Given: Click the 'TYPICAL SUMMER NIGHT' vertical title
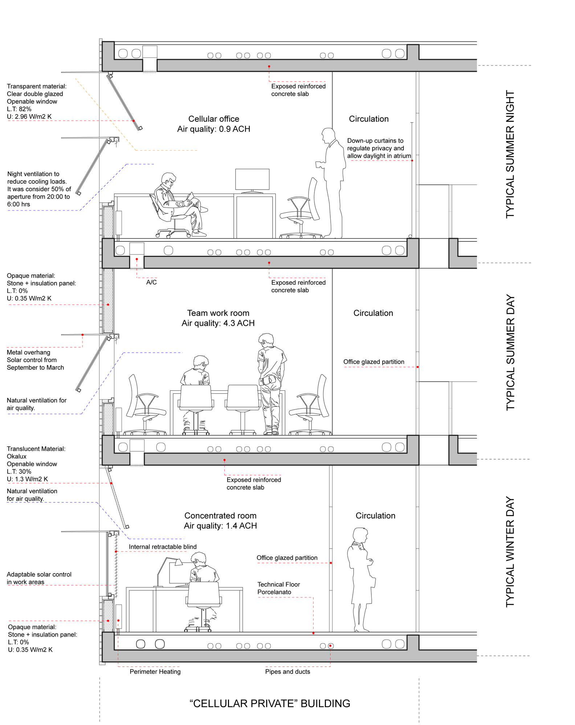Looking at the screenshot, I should point(510,154).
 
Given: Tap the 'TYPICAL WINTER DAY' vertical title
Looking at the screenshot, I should point(510,551).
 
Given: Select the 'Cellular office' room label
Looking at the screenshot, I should point(213,119).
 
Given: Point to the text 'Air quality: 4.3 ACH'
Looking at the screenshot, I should point(218,323).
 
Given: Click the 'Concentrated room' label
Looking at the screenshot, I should point(220,515).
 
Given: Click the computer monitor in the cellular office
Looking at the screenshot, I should point(252,180).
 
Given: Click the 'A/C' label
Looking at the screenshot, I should point(151,282).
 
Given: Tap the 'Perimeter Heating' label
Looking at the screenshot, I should point(155,671).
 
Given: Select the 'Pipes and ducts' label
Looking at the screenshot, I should point(287,671).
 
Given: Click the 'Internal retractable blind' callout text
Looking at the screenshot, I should point(163,547).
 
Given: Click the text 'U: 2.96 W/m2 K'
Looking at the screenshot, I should point(29,116).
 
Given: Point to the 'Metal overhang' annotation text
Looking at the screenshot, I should point(28,352).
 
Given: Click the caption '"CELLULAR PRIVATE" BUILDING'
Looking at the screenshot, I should point(270,703).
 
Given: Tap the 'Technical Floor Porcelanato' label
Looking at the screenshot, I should point(278,588).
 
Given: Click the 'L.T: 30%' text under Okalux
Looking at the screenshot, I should point(19,471).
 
